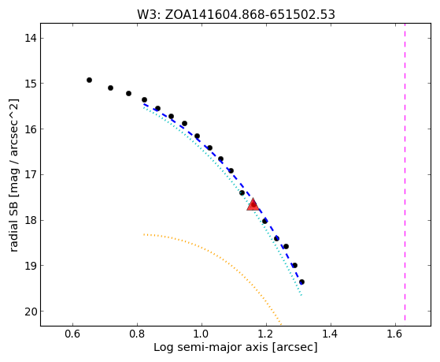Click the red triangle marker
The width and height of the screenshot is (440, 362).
pos(253,204)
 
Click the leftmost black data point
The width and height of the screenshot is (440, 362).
pos(89,80)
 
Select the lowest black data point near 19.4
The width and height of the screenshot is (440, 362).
pos(301,282)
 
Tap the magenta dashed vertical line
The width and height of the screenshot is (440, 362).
pos(405,172)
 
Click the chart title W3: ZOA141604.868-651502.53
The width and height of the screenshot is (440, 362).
pos(236,15)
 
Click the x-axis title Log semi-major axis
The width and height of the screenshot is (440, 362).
pos(210,347)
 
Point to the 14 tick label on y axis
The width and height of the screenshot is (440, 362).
pos(31,38)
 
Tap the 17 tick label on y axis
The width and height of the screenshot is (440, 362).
pos(31,174)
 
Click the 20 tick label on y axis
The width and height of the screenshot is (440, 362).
pos(31,312)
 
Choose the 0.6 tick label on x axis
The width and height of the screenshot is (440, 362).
pos(72,334)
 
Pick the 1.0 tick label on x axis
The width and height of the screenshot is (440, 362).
pos(202,334)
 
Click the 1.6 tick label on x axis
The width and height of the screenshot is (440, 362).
pos(395,334)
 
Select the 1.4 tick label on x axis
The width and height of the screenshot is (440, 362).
pos(331,334)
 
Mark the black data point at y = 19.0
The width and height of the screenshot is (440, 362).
pos(294,265)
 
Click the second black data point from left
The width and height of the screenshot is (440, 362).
pos(110,88)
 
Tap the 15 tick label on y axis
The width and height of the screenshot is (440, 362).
pos(31,84)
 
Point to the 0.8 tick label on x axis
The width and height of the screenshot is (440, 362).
pos(137,334)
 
